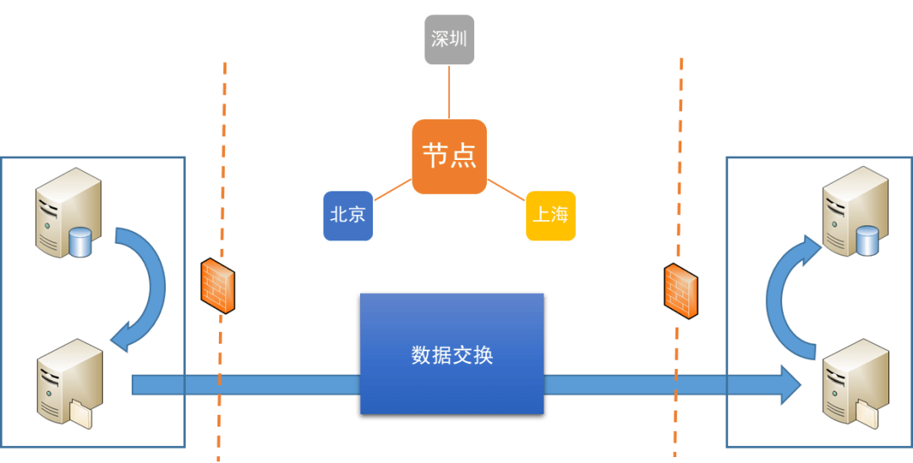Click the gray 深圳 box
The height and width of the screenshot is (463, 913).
click(x=449, y=39)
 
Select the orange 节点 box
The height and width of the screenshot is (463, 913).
click(x=449, y=157)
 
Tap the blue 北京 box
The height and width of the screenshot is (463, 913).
click(x=347, y=215)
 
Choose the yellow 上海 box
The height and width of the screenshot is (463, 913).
click(x=550, y=215)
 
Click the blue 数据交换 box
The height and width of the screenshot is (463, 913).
click(x=451, y=355)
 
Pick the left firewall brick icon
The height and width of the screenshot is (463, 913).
click(x=217, y=285)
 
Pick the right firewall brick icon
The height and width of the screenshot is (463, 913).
click(x=681, y=291)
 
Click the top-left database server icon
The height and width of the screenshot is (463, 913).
click(x=68, y=212)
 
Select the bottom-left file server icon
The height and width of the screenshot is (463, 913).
click(x=69, y=383)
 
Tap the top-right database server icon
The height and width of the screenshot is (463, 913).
click(x=856, y=211)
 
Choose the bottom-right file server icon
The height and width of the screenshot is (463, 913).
click(x=856, y=383)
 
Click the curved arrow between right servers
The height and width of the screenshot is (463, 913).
click(x=782, y=292)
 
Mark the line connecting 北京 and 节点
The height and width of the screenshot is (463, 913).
click(x=392, y=191)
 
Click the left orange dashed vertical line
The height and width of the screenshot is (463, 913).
click(x=222, y=169)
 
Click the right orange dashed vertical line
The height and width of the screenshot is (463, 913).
click(x=679, y=169)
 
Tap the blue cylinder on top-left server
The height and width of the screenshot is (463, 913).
click(x=80, y=243)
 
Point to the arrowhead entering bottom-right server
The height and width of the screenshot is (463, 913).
click(x=790, y=385)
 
